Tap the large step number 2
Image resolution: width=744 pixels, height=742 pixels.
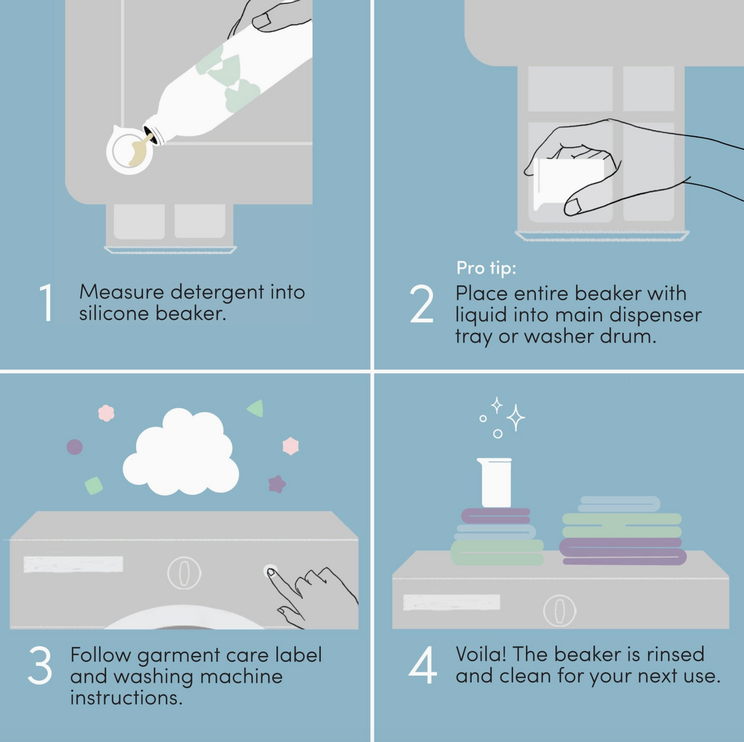tap(422, 303)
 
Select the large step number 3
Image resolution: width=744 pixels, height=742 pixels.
tap(40, 665)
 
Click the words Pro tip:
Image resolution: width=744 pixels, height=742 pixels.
tap(486, 267)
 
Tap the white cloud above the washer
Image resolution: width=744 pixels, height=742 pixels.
tap(181, 452)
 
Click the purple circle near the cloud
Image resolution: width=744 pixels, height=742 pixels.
tap(75, 447)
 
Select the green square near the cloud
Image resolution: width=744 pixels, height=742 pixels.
tap(94, 486)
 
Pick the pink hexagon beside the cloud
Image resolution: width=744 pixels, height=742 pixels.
tap(290, 446)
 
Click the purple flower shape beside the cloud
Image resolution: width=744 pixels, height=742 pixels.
tap(277, 484)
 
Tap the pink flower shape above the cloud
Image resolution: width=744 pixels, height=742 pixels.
tap(106, 413)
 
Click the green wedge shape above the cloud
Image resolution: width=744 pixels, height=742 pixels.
tap(255, 408)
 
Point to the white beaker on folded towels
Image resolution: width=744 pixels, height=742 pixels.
tap(496, 482)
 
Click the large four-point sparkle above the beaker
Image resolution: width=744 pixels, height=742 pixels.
tap(516, 418)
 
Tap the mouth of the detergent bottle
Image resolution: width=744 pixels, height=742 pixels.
tap(150, 134)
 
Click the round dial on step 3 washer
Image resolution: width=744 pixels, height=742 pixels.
tap(184, 573)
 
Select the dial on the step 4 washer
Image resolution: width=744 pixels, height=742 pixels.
tap(560, 611)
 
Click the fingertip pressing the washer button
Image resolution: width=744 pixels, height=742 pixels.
tap(271, 573)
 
